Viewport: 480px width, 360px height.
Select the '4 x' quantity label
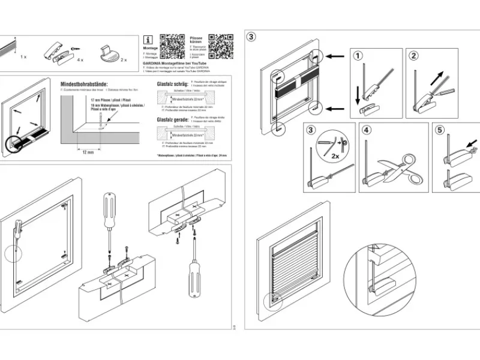79,60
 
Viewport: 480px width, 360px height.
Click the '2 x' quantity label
124,60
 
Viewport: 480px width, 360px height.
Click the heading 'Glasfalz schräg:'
172,85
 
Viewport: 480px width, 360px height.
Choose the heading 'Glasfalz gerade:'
172,119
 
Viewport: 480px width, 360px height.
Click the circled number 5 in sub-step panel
441,130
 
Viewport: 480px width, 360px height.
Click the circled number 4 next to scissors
367,130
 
